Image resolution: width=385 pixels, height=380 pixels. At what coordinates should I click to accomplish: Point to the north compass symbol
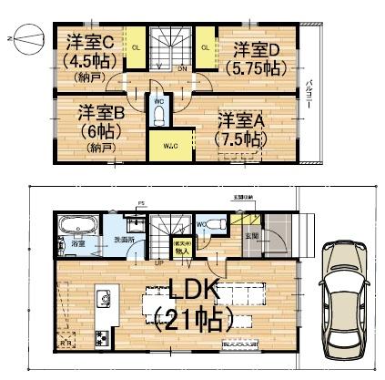(x=25, y=41)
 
